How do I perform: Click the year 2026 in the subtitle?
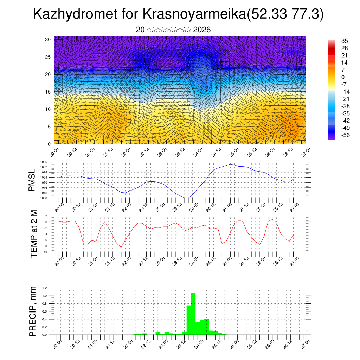202,30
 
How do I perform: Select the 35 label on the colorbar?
345,41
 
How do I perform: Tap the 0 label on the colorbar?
343,77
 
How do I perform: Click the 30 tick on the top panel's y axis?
48,39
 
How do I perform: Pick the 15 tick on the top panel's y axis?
48,92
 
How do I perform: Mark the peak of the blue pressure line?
231,164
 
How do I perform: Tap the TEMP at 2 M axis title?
34,234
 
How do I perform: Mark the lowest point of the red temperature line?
121,247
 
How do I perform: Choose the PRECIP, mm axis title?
33,311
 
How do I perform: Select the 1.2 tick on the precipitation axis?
45,288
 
